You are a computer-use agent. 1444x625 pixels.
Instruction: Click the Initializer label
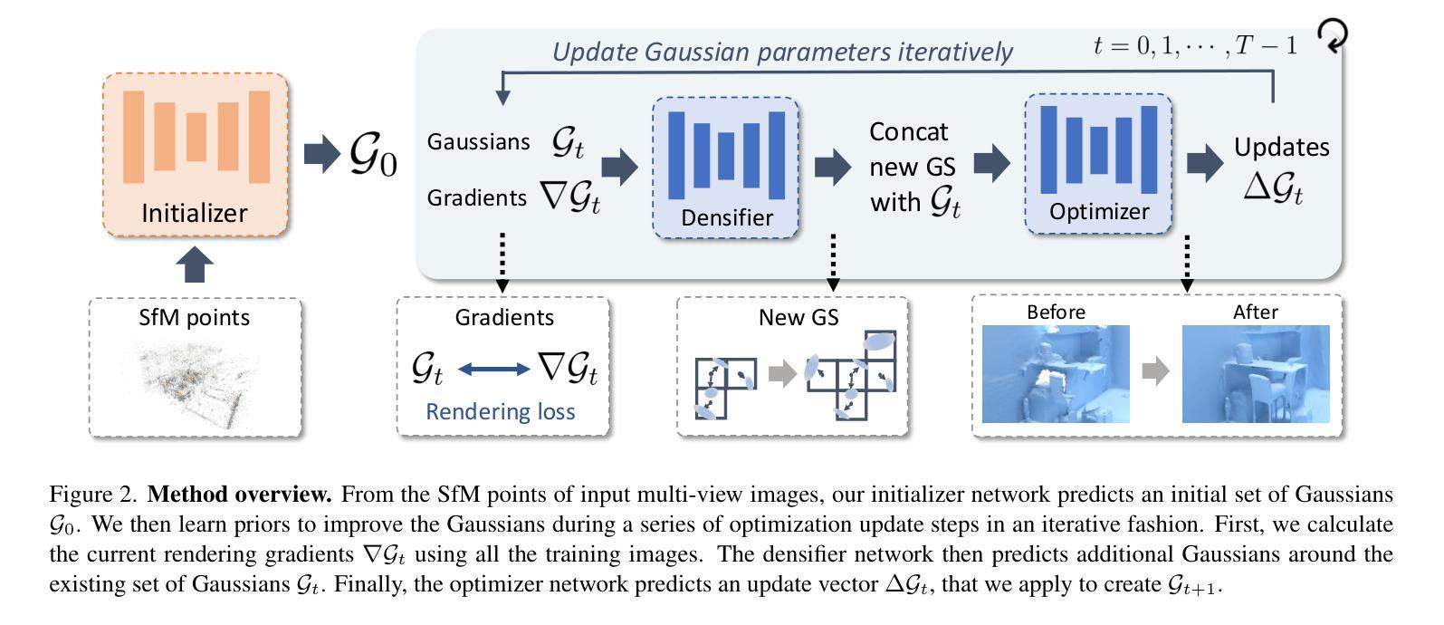pyautogui.click(x=194, y=214)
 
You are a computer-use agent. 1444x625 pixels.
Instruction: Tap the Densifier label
pyautogui.click(x=726, y=218)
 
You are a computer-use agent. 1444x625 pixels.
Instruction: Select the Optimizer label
pyautogui.click(x=1099, y=212)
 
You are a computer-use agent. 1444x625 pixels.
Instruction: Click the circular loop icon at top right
pyautogui.click(x=1332, y=34)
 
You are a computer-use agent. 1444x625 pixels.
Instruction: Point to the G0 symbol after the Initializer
pyautogui.click(x=373, y=155)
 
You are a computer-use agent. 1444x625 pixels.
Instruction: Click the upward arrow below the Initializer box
pyautogui.click(x=195, y=265)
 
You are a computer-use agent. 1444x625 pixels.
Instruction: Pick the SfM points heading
pyautogui.click(x=194, y=317)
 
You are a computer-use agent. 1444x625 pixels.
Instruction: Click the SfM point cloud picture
pyautogui.click(x=194, y=386)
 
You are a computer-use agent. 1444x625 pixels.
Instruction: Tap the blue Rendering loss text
pyautogui.click(x=501, y=411)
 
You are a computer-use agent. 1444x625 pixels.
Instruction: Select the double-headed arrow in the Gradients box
pyautogui.click(x=493, y=370)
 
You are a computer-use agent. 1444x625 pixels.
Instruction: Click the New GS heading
pyautogui.click(x=799, y=317)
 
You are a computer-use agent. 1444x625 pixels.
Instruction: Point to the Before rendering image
pyautogui.click(x=1056, y=374)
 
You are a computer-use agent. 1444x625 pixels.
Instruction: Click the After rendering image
pyautogui.click(x=1256, y=374)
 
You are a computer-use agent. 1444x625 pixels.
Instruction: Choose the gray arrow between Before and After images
pyautogui.click(x=1156, y=370)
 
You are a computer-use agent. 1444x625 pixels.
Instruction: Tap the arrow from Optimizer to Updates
pyautogui.click(x=1205, y=163)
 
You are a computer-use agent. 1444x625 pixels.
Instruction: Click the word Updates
pyautogui.click(x=1282, y=147)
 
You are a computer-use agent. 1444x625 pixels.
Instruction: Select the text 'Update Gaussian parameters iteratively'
pyautogui.click(x=782, y=53)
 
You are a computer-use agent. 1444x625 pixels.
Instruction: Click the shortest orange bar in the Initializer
pyautogui.click(x=196, y=137)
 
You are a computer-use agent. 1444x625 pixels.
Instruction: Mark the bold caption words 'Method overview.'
pyautogui.click(x=239, y=495)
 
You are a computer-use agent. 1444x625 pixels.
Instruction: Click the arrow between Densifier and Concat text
pyautogui.click(x=833, y=167)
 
